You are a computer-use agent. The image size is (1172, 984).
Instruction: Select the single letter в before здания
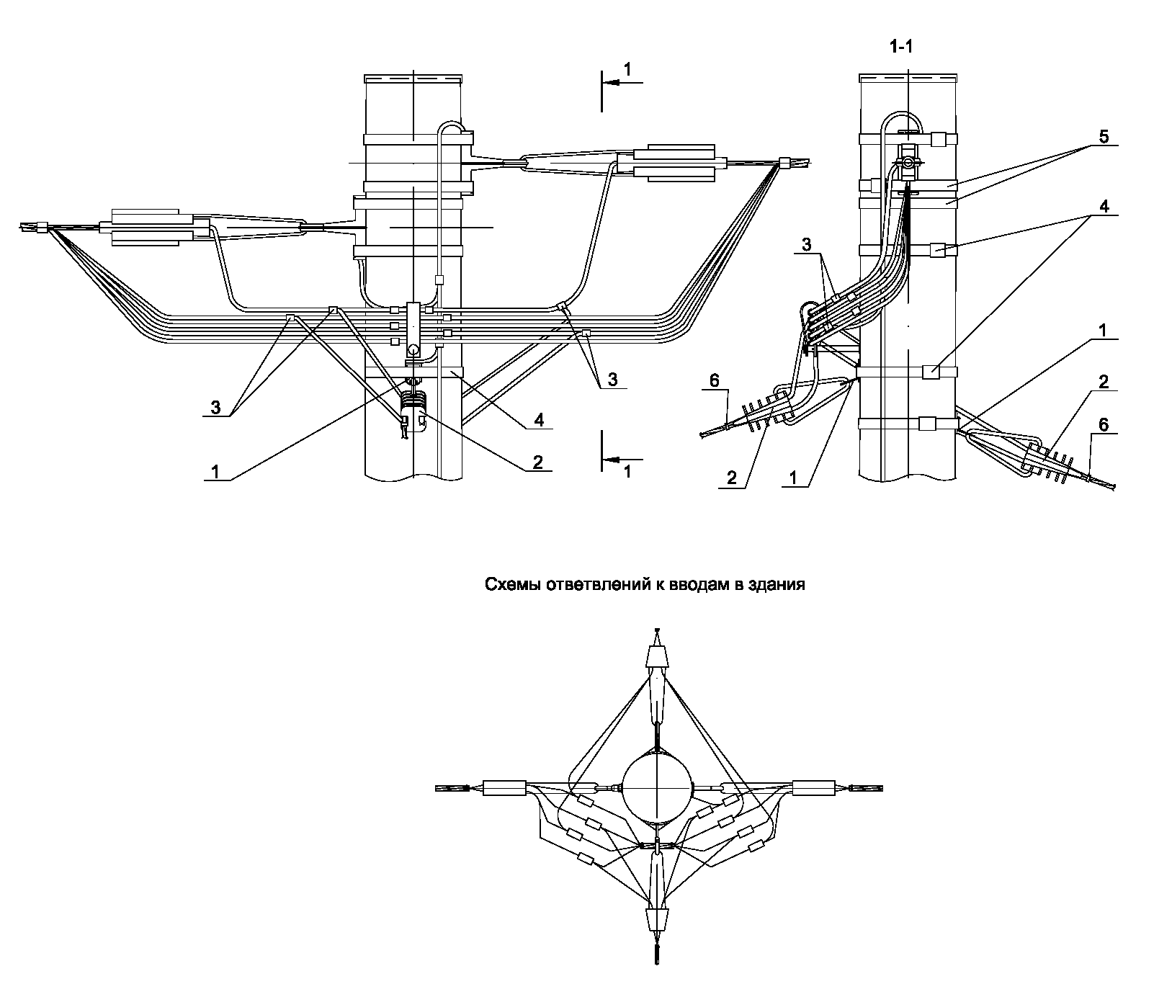pos(745,585)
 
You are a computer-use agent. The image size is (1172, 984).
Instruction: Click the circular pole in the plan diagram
pos(656,787)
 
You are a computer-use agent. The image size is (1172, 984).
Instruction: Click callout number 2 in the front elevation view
pos(538,462)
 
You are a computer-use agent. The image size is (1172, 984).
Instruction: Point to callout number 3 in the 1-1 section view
pos(807,245)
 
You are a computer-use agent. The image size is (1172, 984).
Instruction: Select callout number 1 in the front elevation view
pos(215,471)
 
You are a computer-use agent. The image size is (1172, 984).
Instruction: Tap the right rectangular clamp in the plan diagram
pos(813,787)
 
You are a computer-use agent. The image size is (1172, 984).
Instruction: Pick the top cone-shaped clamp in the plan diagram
pos(656,656)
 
